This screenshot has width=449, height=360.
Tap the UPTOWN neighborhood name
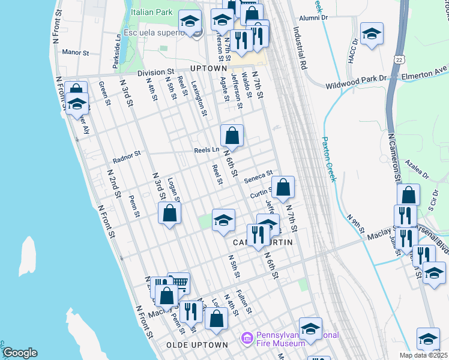[x=208, y=68]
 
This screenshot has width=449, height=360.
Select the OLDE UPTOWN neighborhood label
[x=197, y=345]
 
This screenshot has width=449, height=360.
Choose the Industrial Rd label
[x=298, y=48]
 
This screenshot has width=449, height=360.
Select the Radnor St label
[x=126, y=157]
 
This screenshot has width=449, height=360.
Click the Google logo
[x=20, y=353]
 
